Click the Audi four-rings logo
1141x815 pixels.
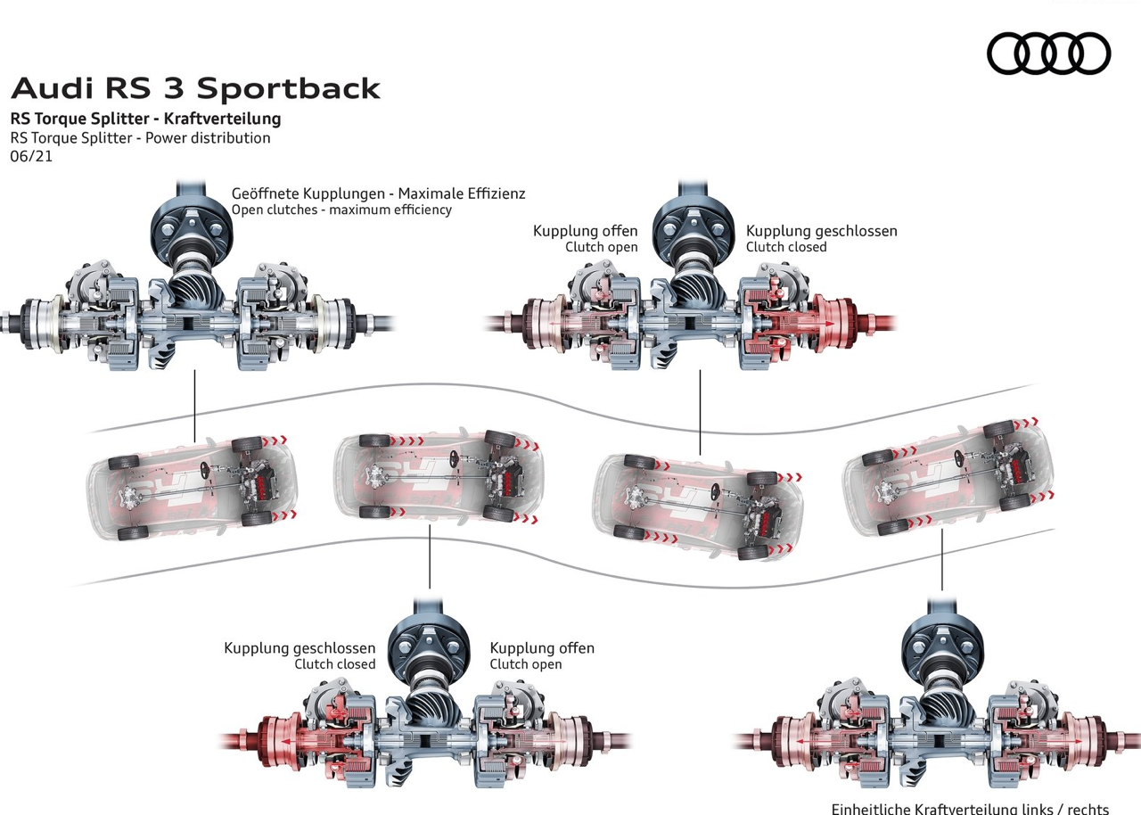coord(1048,53)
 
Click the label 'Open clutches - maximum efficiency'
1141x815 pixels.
coord(341,210)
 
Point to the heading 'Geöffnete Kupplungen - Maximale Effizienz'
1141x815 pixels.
coord(378,193)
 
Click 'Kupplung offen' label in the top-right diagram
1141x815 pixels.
coord(586,231)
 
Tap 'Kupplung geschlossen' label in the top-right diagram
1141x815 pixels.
coord(821,231)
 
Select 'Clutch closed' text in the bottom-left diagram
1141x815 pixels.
coord(335,664)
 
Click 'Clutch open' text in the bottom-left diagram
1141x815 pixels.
coord(526,664)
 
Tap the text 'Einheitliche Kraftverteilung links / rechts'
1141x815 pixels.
coord(970,809)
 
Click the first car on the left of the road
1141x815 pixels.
coord(191,487)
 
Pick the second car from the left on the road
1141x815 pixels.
coord(438,476)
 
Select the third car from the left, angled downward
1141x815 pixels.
coord(700,505)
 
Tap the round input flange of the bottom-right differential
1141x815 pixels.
coord(941,644)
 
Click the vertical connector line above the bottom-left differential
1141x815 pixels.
coord(430,556)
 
